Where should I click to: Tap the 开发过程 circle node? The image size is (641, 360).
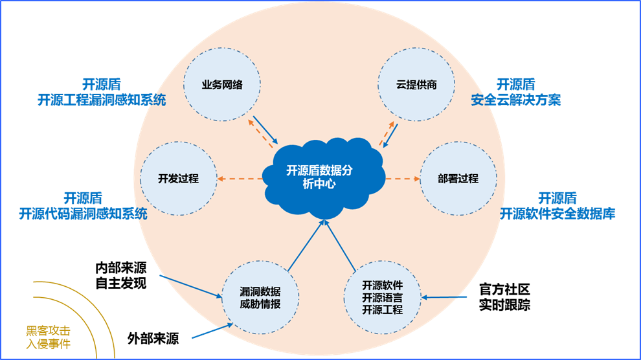click(x=178, y=179)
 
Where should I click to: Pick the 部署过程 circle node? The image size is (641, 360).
click(x=458, y=179)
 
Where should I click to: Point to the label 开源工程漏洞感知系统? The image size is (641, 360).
click(x=102, y=100)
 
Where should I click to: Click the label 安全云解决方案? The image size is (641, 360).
click(x=516, y=100)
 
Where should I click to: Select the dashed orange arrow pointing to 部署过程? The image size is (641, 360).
click(x=401, y=179)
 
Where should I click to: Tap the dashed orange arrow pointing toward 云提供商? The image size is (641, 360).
click(x=387, y=132)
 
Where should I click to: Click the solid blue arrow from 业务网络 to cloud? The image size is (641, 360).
click(x=265, y=129)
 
